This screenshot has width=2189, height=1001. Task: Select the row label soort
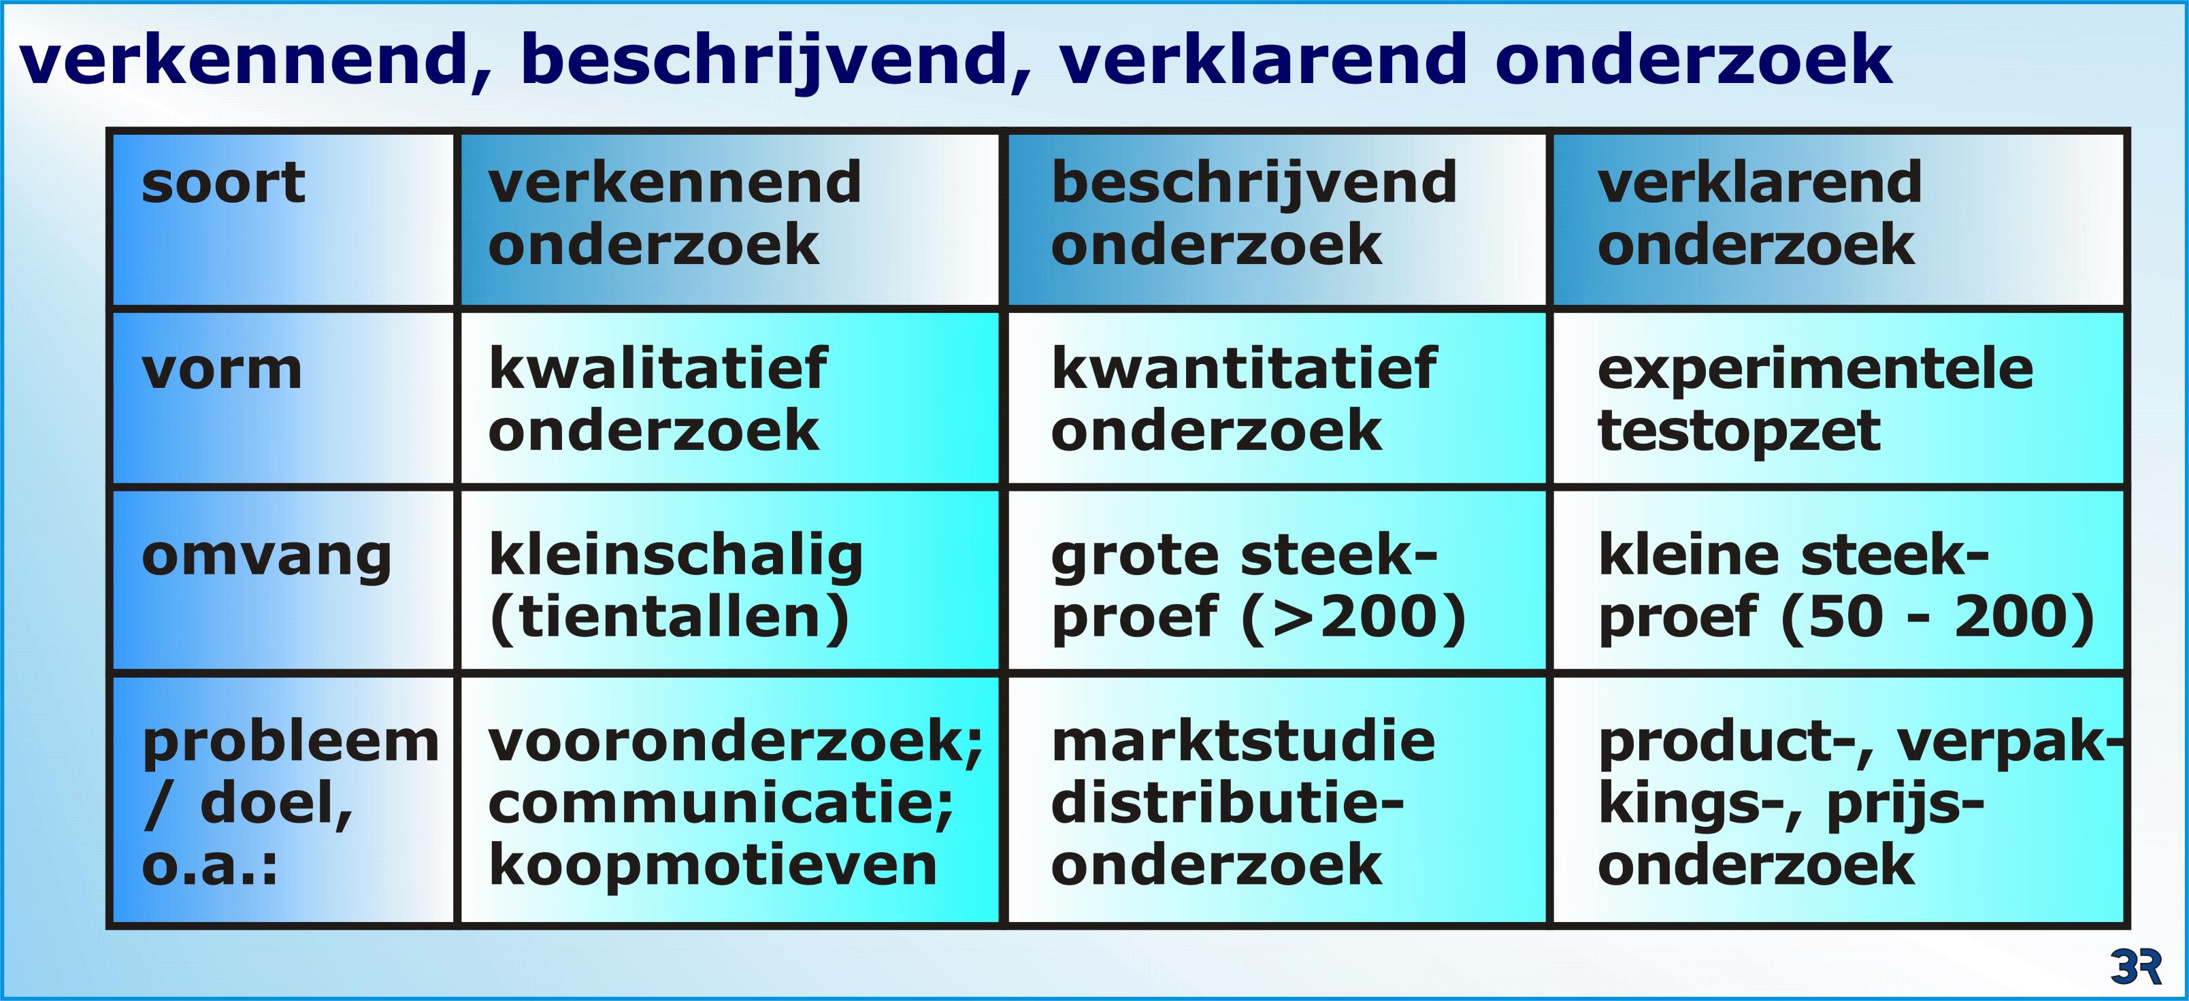pyautogui.click(x=223, y=182)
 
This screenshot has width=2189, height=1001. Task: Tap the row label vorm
pyautogui.click(x=222, y=370)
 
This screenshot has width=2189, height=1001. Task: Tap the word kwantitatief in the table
pyautogui.click(x=1244, y=368)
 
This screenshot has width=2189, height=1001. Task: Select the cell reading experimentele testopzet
pyautogui.click(x=1815, y=399)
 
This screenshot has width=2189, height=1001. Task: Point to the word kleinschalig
pyautogui.click(x=676, y=557)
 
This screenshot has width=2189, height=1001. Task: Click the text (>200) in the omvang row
pyautogui.click(x=1355, y=617)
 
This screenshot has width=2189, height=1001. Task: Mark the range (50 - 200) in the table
pyautogui.click(x=1937, y=617)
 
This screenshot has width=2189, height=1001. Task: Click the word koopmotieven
pyautogui.click(x=712, y=867)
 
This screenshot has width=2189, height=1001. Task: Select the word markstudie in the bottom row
pyautogui.click(x=1243, y=741)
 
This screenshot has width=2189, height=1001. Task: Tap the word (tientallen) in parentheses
pyautogui.click(x=670, y=617)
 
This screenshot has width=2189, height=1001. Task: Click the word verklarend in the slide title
pyautogui.click(x=1263, y=61)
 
